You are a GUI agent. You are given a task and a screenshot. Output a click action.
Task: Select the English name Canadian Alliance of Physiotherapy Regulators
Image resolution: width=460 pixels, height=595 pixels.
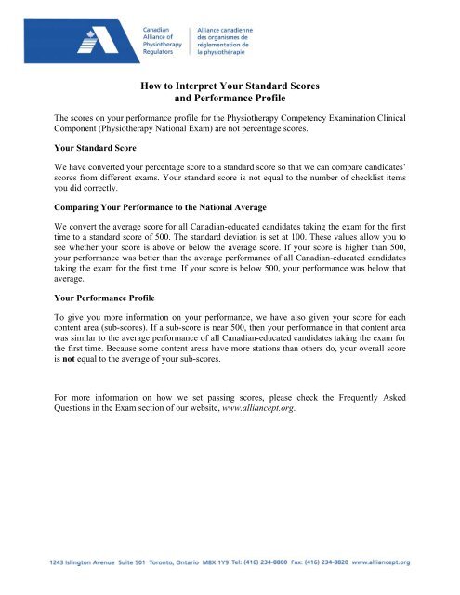coord(163,43)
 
